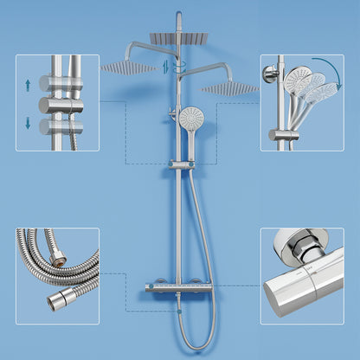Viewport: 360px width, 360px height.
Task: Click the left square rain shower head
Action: (x=128, y=67)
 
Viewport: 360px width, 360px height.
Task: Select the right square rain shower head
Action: (x=230, y=87)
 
